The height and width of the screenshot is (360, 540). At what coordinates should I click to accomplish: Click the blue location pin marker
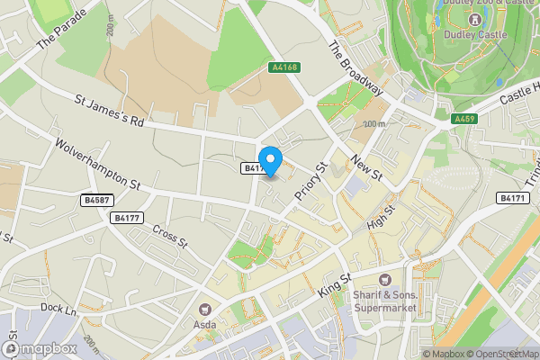270,157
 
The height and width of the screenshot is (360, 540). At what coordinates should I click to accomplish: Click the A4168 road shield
283,67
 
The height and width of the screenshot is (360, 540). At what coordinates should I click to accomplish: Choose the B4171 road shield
512,198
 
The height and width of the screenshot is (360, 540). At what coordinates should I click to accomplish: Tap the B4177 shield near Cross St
126,218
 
